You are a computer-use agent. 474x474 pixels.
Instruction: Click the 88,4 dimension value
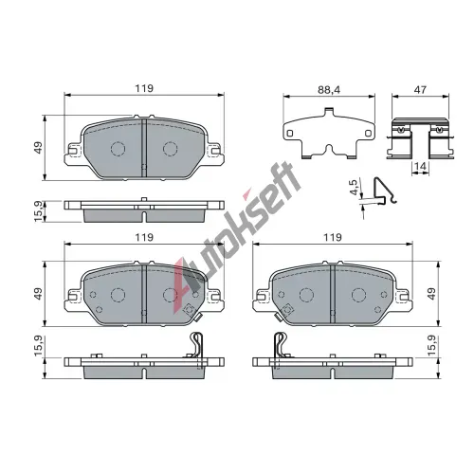pyautogui.click(x=329, y=90)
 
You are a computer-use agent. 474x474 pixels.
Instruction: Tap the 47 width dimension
pyautogui.click(x=420, y=90)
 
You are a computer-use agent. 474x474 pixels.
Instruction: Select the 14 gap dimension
pyautogui.click(x=420, y=166)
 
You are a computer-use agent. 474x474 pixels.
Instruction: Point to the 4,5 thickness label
pyautogui.click(x=354, y=188)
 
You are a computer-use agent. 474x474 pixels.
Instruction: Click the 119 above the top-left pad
pyautogui.click(x=144, y=88)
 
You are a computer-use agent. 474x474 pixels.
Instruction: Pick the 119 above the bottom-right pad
pyautogui.click(x=333, y=237)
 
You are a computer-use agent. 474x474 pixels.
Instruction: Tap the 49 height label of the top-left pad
pyautogui.click(x=38, y=148)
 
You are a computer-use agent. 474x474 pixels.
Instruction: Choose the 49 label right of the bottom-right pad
pyautogui.click(x=431, y=294)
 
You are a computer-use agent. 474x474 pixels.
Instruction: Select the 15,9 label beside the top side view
pyautogui.click(x=38, y=211)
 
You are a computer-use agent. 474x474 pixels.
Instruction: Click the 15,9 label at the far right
pyautogui.click(x=431, y=346)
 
